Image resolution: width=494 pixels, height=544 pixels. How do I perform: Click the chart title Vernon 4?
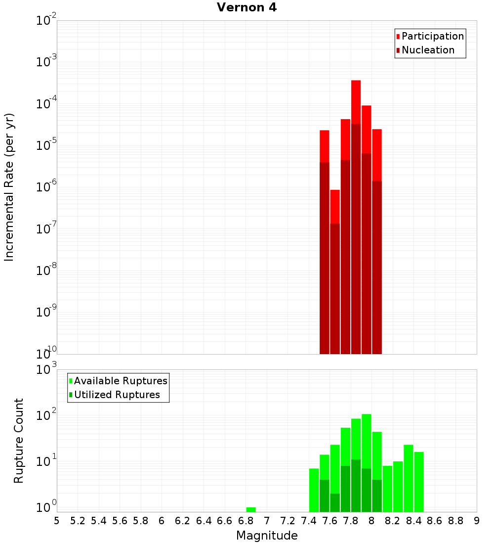pos(247,7)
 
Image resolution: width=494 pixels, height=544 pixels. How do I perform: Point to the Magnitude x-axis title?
pos(267,536)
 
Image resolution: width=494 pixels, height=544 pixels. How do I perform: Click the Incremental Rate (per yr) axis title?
pos(9,187)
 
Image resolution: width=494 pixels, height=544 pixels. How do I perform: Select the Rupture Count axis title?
pos(19,441)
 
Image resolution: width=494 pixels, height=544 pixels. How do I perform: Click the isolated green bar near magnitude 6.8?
pos(251,509)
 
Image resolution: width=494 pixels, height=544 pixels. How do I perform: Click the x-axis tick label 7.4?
pos(309,521)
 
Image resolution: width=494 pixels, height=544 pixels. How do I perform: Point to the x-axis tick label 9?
pos(477,521)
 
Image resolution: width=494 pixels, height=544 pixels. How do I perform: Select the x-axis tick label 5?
pos(57,521)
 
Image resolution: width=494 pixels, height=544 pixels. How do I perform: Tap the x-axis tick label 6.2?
pos(183,521)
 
